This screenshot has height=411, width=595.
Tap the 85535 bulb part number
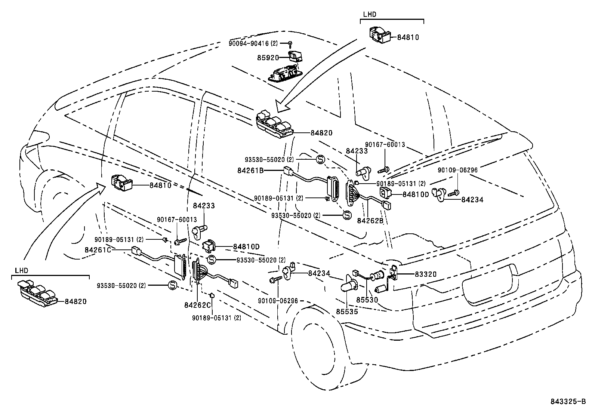pyautogui.click(x=346, y=311)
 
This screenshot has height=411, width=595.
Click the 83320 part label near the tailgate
pyautogui.click(x=425, y=274)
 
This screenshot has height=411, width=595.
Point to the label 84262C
pyautogui.click(x=197, y=305)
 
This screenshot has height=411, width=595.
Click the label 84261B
pyautogui.click(x=250, y=170)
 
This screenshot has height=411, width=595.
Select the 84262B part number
pyautogui.click(x=370, y=221)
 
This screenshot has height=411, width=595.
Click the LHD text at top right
pyautogui.click(x=370, y=15)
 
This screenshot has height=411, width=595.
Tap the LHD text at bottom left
pyautogui.click(x=22, y=270)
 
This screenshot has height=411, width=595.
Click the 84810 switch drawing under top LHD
pyautogui.click(x=379, y=34)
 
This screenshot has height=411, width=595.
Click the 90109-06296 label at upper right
pyautogui.click(x=457, y=170)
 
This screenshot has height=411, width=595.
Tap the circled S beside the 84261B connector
pyautogui.click(x=321, y=159)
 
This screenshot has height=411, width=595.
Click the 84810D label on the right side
pyautogui.click(x=416, y=194)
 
